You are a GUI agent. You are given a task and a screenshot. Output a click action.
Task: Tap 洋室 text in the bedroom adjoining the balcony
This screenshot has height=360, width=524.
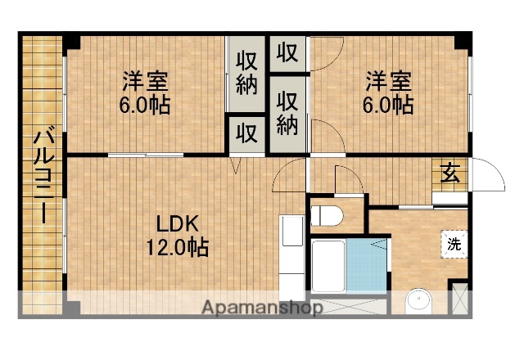point(146,82)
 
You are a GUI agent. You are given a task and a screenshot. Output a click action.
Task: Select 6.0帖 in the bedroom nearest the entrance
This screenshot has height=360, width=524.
point(389,104)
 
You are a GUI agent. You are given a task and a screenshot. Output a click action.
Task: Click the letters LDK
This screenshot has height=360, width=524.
point(174,223)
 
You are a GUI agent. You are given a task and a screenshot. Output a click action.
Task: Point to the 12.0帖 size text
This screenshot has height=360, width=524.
point(177,245)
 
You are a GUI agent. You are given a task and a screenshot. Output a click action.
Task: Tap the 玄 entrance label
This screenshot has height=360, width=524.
point(450,172)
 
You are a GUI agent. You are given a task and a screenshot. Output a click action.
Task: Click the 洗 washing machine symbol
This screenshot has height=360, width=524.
point(454,243)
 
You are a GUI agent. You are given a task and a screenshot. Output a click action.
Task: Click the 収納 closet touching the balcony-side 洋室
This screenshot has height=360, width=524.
point(246,72)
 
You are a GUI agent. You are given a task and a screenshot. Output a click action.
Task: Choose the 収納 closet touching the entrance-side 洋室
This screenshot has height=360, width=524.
point(287,113)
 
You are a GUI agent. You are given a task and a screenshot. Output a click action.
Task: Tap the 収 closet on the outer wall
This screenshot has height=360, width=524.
point(286,54)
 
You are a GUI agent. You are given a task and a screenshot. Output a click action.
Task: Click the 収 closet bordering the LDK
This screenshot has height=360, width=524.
point(246,133)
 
